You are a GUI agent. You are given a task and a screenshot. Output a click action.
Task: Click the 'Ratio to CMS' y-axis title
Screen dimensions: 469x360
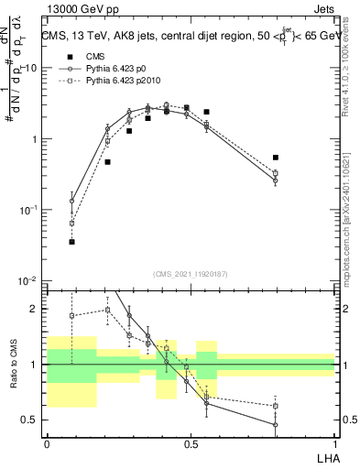pyautogui.click(x=14, y=378)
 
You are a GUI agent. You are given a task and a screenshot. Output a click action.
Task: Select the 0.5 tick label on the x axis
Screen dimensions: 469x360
pyautogui.click(x=191, y=442)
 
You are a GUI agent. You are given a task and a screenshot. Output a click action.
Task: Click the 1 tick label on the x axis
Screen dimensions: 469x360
pyautogui.click(x=335, y=442)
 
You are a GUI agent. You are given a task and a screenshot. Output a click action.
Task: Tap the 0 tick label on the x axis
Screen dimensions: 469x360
pyautogui.click(x=47, y=442)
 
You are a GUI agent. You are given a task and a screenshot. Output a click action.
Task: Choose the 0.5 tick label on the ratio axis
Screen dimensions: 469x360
pyautogui.click(x=32, y=420)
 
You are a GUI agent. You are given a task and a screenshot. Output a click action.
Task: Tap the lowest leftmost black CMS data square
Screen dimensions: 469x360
pyautogui.click(x=71, y=242)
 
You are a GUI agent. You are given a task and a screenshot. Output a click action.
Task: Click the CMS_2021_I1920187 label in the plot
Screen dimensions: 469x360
pyautogui.click(x=191, y=273)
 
